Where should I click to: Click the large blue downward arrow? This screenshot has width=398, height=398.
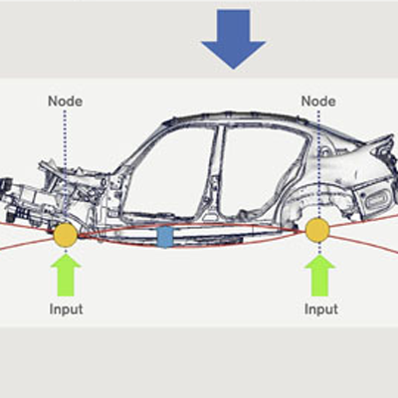tap(234, 38)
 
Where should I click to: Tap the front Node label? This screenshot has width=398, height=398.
tap(65, 101)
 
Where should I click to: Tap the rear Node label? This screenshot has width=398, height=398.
tap(318, 101)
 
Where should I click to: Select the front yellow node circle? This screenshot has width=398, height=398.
tap(66, 235)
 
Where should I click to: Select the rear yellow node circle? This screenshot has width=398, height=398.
tap(317, 230)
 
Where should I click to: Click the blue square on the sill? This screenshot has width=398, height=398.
tap(165, 237)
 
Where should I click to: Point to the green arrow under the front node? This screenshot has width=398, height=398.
tap(66, 276)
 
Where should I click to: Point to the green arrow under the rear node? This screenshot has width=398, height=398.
tap(320, 276)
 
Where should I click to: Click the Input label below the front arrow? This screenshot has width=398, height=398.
tap(66, 309)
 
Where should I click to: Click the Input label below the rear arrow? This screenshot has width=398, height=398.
tap(321, 309)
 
